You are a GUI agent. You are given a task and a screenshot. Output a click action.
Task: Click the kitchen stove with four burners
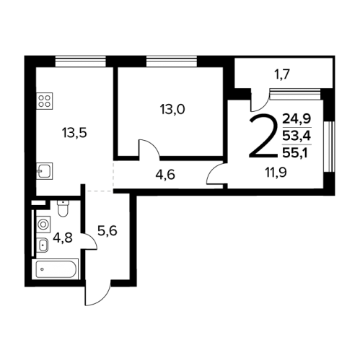point(45,101)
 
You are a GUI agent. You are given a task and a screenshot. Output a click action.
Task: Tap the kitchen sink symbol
point(45,171)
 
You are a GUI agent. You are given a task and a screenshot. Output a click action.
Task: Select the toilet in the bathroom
point(63,209)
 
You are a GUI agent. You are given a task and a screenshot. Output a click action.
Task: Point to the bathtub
point(56,269)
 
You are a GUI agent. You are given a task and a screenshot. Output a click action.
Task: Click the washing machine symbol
point(43,225)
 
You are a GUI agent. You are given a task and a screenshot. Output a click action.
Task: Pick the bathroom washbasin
point(43,245)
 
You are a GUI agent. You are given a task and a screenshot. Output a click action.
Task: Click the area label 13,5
point(74,133)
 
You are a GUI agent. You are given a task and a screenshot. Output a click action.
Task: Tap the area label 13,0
point(172,110)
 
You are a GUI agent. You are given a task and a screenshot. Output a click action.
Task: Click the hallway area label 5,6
point(107,230)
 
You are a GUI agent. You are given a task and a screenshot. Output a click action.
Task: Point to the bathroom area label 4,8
point(63,238)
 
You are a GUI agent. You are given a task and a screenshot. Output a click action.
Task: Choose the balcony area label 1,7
point(283,74)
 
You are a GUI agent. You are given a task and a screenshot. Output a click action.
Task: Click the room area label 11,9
point(276,173)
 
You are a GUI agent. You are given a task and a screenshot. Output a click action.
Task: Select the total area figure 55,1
point(295,152)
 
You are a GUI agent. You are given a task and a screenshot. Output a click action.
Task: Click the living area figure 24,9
point(297,118)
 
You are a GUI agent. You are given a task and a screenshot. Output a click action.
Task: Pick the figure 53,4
point(297,136)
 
